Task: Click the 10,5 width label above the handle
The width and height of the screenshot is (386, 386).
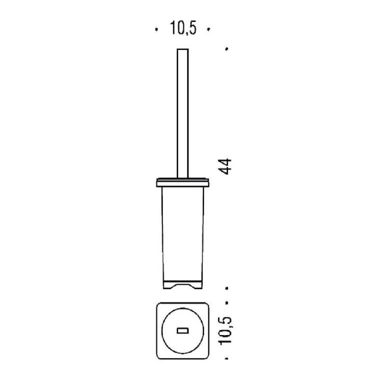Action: click(x=183, y=28)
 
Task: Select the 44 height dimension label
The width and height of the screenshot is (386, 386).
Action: click(x=225, y=167)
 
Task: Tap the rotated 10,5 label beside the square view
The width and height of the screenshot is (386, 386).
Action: click(x=225, y=331)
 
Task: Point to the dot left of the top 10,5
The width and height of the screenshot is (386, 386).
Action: click(x=156, y=30)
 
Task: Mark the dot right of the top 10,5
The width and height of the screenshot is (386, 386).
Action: click(x=208, y=30)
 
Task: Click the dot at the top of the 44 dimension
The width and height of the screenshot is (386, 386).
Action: click(x=227, y=49)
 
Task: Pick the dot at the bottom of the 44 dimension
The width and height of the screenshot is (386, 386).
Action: click(x=227, y=288)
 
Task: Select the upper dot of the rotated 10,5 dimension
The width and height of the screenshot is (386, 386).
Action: click(x=227, y=302)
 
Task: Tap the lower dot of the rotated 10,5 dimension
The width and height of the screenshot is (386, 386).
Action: click(x=227, y=359)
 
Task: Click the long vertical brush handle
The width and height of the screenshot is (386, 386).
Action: click(x=183, y=113)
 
